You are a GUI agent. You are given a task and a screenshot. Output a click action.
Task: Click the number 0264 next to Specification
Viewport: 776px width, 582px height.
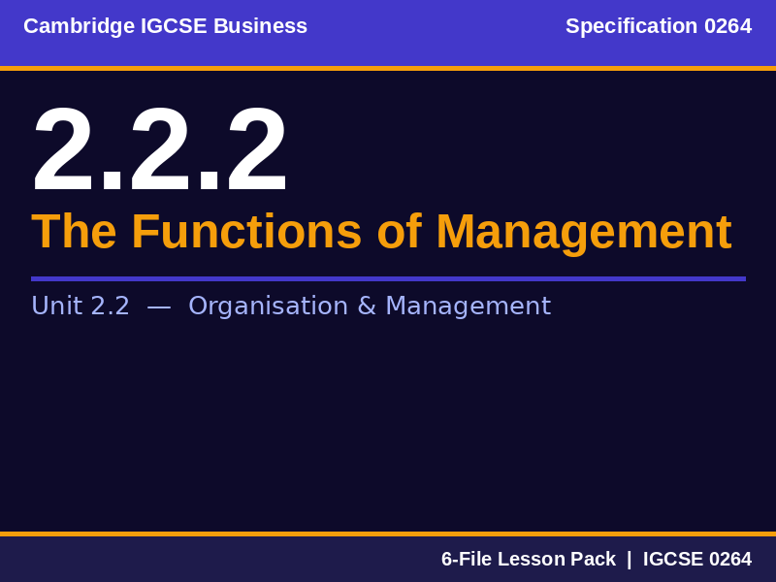pyautogui.click(x=727, y=26)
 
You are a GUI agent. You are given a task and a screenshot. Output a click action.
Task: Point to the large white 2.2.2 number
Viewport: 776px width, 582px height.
pyautogui.click(x=160, y=151)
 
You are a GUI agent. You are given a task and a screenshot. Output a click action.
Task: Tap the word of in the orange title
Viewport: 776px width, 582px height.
pyautogui.click(x=399, y=232)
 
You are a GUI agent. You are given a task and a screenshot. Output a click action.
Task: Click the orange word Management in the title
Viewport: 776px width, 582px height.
pyautogui.click(x=583, y=232)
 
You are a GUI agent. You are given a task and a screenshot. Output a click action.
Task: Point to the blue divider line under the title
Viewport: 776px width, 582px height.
pyautogui.click(x=388, y=278)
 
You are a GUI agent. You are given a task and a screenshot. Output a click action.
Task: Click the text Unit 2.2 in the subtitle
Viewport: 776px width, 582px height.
pyautogui.click(x=81, y=307)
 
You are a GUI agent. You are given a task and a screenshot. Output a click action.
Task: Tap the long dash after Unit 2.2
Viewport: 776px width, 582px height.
pyautogui.click(x=159, y=307)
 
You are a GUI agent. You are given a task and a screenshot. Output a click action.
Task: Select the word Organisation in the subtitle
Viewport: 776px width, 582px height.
pyautogui.click(x=268, y=307)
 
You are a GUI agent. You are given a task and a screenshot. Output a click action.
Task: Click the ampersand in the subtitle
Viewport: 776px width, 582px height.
pyautogui.click(x=367, y=307)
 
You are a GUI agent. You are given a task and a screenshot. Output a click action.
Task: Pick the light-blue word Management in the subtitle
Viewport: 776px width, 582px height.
pyautogui.click(x=468, y=307)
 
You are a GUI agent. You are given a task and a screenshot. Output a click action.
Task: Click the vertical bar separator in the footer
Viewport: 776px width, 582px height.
pyautogui.click(x=629, y=560)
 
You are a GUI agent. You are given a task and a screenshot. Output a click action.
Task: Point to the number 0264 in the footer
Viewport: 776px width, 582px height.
pyautogui.click(x=730, y=560)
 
